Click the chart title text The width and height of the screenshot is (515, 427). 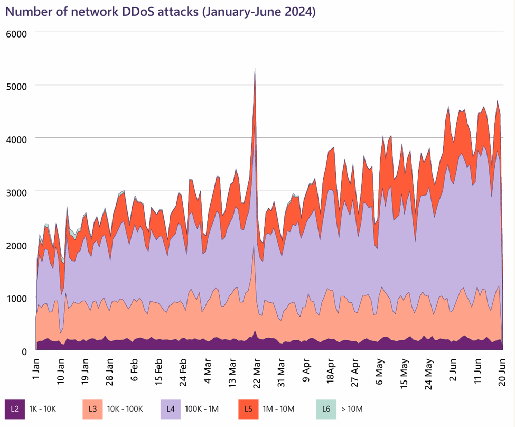tap(160, 12)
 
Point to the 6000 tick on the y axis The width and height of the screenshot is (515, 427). tap(16, 33)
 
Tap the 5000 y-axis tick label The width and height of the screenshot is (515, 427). tap(16, 86)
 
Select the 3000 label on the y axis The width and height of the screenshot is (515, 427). tap(16, 192)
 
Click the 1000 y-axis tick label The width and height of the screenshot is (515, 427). tap(16, 299)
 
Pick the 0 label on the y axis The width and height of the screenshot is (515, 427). tap(24, 351)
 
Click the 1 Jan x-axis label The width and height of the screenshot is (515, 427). tap(36, 373)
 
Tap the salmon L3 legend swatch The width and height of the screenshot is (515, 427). tap(92, 409)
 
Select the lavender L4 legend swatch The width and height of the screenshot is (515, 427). tap(171, 409)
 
